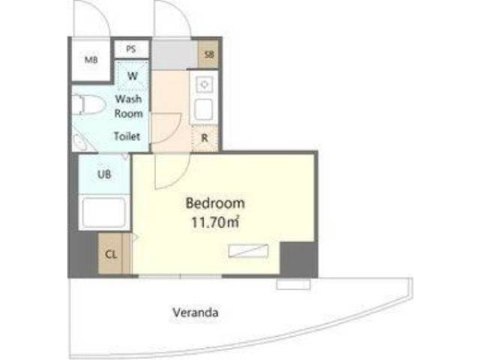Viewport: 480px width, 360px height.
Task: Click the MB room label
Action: (x=91, y=60)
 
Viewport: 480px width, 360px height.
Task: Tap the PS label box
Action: (x=131, y=49)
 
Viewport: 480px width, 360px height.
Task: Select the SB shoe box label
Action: (x=208, y=55)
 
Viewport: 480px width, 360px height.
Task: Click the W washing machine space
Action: (x=133, y=76)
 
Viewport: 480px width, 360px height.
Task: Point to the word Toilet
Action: (x=127, y=136)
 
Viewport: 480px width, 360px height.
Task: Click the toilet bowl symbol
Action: (x=88, y=104)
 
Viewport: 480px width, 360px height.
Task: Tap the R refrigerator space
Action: (x=205, y=138)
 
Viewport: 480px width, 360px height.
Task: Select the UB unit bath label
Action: (x=104, y=175)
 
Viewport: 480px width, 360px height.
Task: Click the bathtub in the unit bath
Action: (x=104, y=211)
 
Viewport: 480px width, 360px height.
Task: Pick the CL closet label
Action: (x=111, y=254)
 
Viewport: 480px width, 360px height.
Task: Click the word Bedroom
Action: (x=215, y=203)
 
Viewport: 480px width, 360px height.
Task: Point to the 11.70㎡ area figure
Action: (x=215, y=223)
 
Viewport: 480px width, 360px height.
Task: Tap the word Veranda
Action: (x=195, y=313)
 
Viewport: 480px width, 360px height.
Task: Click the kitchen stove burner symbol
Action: (x=205, y=83)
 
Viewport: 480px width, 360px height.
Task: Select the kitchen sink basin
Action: (x=204, y=109)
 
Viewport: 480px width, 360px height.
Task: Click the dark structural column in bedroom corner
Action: (x=298, y=258)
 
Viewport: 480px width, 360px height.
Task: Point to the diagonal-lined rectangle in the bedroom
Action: (x=248, y=250)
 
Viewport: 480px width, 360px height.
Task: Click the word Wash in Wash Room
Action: (x=128, y=99)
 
